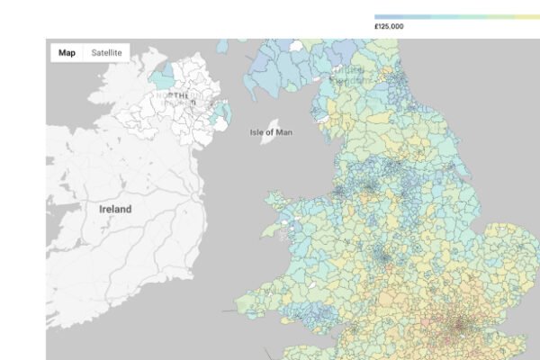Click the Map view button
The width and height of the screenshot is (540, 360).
[67, 52]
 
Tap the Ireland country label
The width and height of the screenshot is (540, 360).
[115, 209]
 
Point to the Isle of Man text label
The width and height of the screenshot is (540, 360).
[272, 132]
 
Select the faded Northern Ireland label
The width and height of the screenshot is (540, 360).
[176, 95]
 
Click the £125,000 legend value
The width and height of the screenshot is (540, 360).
[389, 27]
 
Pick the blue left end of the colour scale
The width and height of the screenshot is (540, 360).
[379, 16]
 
